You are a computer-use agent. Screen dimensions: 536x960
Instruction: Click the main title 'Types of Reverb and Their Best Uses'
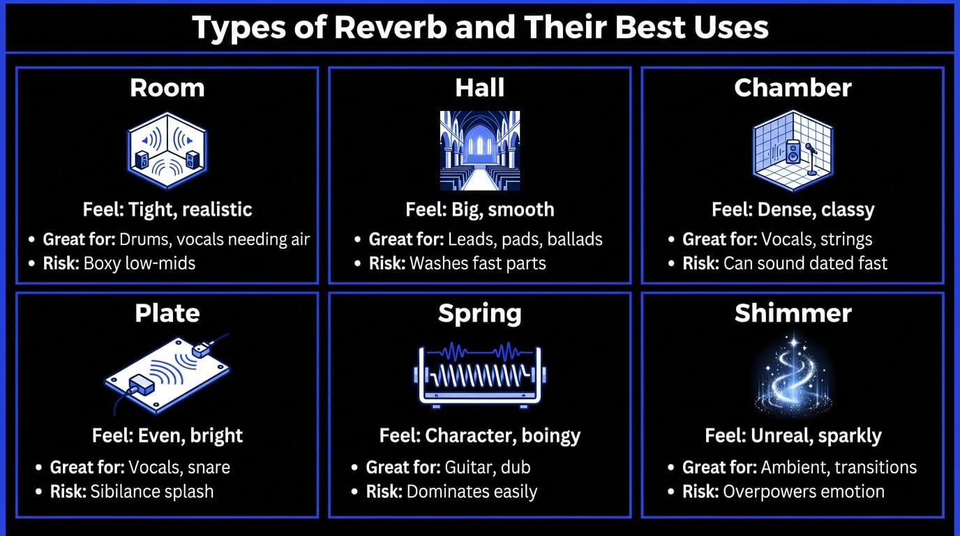480,27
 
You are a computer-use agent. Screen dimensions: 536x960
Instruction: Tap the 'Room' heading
167,88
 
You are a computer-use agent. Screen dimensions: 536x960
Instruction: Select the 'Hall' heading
480,88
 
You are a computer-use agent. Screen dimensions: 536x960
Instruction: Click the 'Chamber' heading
793,88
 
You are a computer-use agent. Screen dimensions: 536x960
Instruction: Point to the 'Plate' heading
167,313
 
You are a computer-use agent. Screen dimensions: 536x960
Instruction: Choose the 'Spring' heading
480,313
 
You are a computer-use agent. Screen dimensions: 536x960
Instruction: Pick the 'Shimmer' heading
793,313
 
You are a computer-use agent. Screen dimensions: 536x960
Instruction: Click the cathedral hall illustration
480,150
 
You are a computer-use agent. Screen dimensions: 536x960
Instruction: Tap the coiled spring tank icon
480,375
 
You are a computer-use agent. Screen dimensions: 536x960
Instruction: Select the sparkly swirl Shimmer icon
793,375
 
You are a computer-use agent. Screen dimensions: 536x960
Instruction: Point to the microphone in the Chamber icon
811,157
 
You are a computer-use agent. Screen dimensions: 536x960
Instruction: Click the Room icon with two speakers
167,150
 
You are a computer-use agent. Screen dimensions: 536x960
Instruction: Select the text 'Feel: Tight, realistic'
167,209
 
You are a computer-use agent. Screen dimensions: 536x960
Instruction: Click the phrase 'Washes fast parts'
478,263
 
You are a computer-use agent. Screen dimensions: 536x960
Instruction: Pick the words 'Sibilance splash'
152,491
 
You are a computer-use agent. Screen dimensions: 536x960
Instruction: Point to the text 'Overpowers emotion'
804,491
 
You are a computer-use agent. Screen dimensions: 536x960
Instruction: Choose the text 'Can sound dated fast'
805,263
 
